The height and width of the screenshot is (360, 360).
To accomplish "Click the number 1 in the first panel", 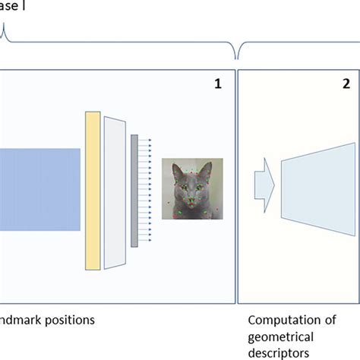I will click(x=217, y=84).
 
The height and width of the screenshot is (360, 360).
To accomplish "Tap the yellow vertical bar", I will click(x=93, y=190).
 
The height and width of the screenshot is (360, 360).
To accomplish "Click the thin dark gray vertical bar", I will click(x=134, y=191).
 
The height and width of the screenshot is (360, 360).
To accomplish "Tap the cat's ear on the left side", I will click(x=176, y=169).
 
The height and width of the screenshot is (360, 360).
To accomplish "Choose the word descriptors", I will click(x=278, y=354).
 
